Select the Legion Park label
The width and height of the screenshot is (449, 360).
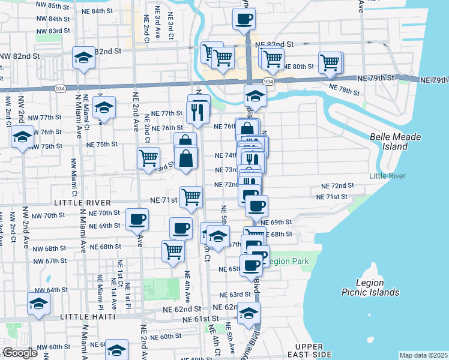287,261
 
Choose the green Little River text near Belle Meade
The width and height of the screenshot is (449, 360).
388,176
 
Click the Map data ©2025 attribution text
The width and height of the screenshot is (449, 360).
423,355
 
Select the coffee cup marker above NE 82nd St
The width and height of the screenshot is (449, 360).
243,19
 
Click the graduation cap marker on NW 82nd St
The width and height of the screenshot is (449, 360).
83,58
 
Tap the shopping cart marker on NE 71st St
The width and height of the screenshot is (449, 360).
191,197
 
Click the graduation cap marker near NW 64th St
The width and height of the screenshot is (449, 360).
38,304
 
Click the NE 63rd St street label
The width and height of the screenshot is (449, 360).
235,295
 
